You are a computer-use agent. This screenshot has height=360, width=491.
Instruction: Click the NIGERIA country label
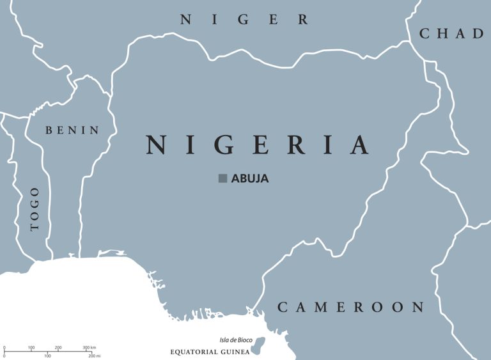[x=258, y=145]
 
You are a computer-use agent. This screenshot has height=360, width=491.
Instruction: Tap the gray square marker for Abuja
[x=222, y=178]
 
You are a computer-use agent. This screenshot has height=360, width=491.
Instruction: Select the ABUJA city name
[x=250, y=179]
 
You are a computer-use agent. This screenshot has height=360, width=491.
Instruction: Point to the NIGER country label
[x=244, y=20]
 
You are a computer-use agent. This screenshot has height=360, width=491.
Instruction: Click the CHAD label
[x=451, y=34]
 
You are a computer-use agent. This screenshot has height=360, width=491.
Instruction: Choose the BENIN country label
[x=72, y=130]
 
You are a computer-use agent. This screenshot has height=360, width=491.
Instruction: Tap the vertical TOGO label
[x=35, y=208]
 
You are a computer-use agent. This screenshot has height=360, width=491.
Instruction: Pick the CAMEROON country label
[x=350, y=308]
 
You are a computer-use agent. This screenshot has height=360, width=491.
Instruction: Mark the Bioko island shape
[x=258, y=347]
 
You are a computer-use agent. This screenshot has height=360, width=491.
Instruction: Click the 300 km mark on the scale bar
[x=88, y=348]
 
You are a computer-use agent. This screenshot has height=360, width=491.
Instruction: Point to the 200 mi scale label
[x=94, y=356]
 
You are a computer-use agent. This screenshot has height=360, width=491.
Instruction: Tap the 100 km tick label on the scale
[x=31, y=348]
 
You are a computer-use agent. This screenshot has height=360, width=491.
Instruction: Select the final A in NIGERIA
[x=360, y=145]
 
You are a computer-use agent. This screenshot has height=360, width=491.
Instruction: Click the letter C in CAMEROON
[x=283, y=308]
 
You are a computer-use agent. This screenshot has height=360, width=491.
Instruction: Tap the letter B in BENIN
[x=49, y=130]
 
